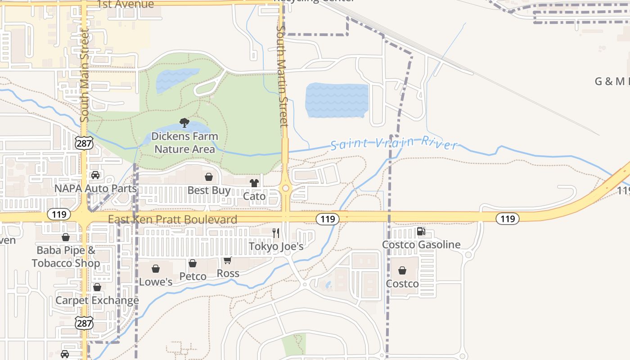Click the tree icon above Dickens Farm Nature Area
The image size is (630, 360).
point(184,122)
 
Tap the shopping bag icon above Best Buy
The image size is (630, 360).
point(209,177)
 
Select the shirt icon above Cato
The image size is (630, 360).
point(254,183)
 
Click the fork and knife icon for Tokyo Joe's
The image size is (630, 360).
point(276,233)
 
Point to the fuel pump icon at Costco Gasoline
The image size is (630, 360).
point(421,231)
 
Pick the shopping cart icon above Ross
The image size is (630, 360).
point(228,260)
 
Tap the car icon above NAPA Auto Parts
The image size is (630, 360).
point(95,175)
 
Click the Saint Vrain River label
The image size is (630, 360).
point(394,144)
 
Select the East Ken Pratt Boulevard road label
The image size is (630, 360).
point(172,220)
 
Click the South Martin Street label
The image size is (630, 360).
point(282,76)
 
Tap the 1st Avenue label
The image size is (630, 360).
point(126,4)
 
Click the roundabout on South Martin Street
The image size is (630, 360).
point(285,188)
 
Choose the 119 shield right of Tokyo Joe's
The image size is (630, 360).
point(327,219)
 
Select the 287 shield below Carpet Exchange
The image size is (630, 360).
point(84,323)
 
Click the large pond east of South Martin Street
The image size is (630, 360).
point(337,100)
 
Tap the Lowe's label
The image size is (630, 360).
point(156,282)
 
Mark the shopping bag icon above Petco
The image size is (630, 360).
point(193,263)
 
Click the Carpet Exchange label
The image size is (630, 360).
point(97,300)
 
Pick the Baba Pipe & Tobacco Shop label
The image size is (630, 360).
point(66,256)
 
